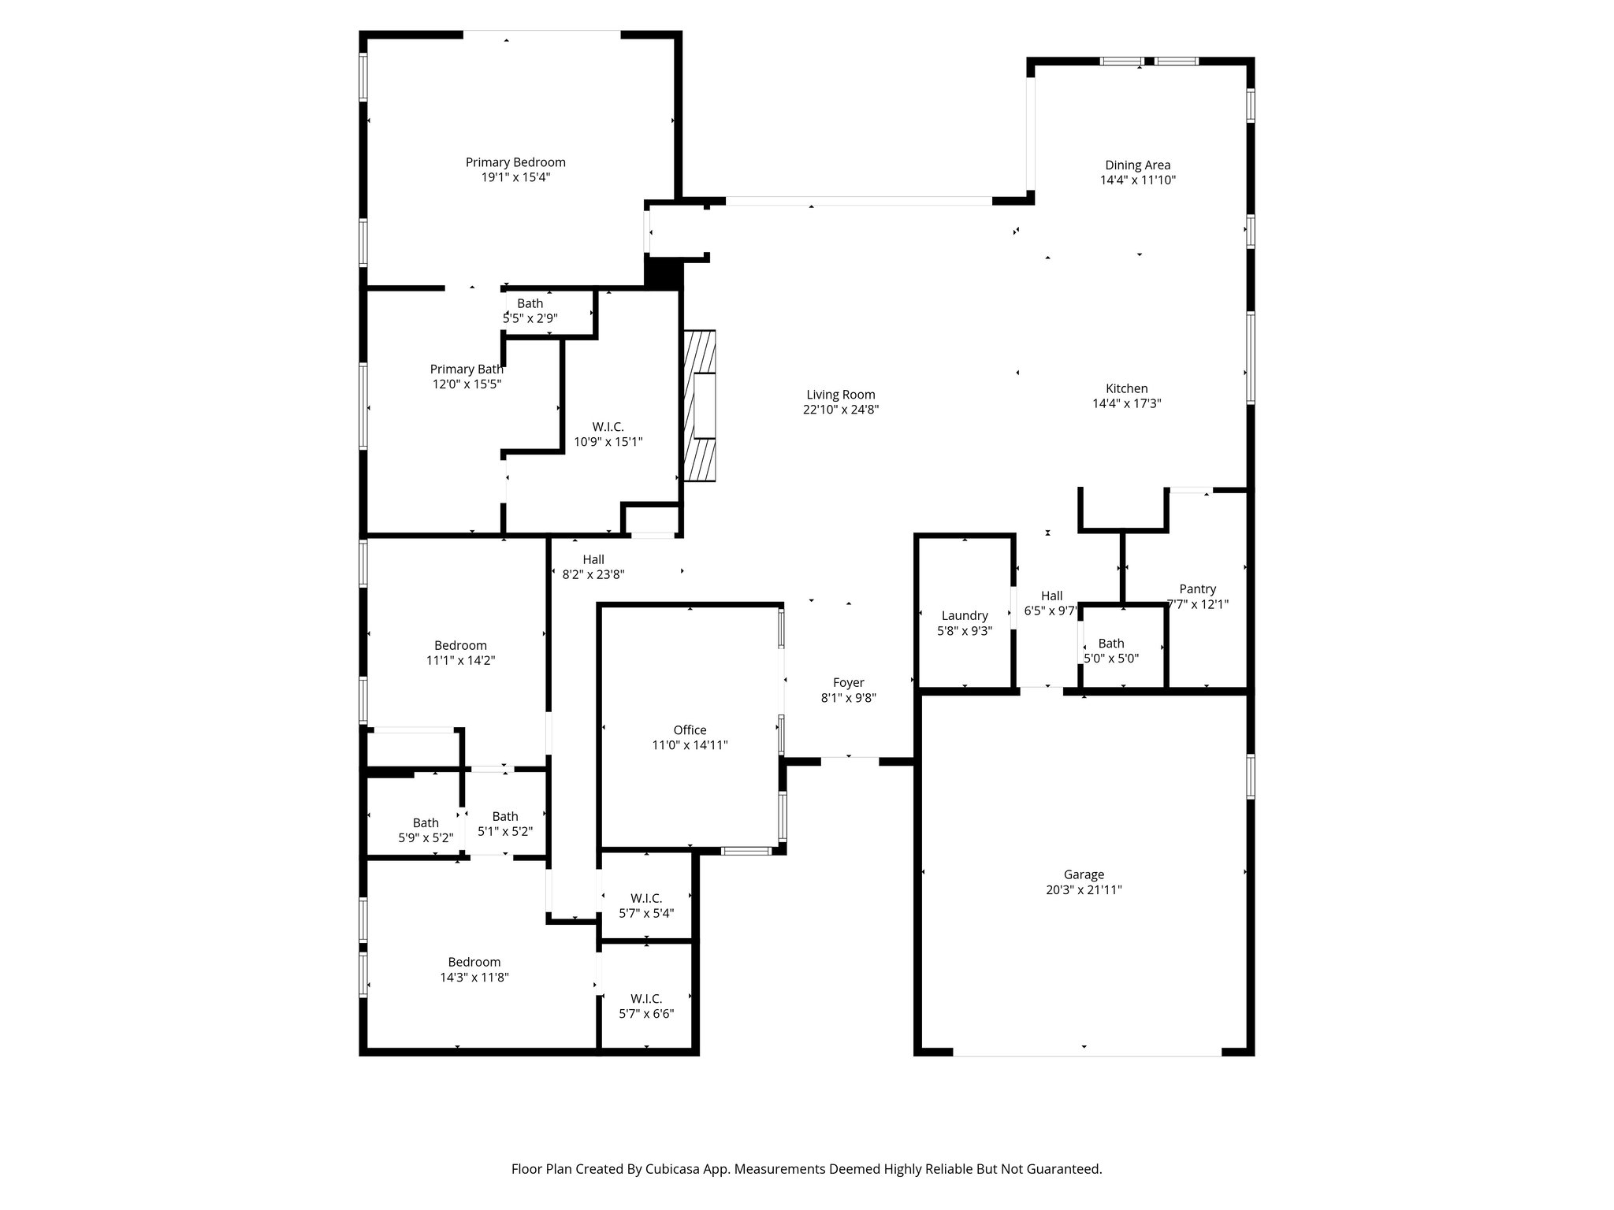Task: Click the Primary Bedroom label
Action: click(x=515, y=162)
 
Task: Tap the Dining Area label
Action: click(x=1137, y=165)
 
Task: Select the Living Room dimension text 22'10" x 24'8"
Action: click(x=841, y=410)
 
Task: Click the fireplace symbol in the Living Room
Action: click(x=700, y=406)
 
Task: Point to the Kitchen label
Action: click(x=1126, y=388)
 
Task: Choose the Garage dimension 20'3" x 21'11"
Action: click(x=1084, y=889)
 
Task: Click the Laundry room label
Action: click(x=965, y=616)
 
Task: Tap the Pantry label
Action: click(x=1198, y=589)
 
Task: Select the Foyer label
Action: click(x=849, y=683)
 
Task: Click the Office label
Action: click(x=690, y=730)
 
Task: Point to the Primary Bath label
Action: click(x=467, y=369)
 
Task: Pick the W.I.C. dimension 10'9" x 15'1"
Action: click(x=608, y=442)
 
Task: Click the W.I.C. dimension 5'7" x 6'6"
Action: click(x=646, y=1014)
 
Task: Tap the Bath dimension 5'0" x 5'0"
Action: click(x=1111, y=659)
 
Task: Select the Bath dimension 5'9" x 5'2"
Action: click(x=426, y=838)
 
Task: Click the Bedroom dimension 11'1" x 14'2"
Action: click(x=461, y=661)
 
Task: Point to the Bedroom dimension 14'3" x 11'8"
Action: click(x=474, y=978)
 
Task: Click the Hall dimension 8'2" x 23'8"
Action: click(x=593, y=575)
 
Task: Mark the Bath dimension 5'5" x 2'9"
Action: click(x=530, y=318)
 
